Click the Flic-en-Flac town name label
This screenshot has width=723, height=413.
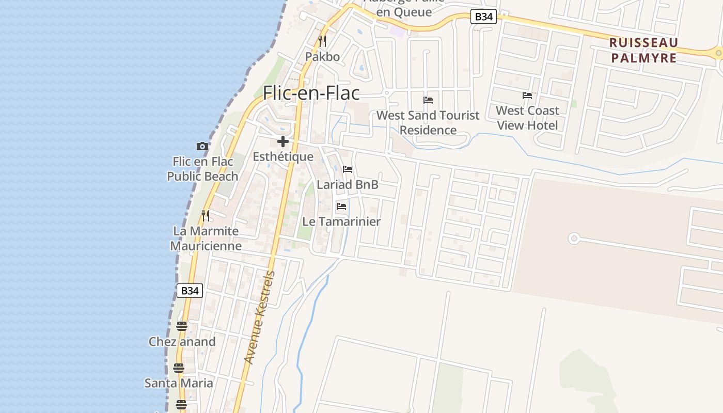pyautogui.click(x=311, y=93)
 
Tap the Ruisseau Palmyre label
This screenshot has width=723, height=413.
pyautogui.click(x=643, y=50)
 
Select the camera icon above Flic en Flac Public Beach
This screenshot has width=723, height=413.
pyautogui.click(x=202, y=147)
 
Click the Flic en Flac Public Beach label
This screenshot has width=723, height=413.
pyautogui.click(x=202, y=169)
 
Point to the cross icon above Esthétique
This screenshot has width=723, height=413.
pyautogui.click(x=282, y=141)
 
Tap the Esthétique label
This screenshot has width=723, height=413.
pyautogui.click(x=283, y=156)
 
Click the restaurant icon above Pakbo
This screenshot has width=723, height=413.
pyautogui.click(x=322, y=41)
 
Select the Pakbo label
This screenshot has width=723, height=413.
pyautogui.click(x=322, y=56)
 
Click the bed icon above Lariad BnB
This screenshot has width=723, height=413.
pyautogui.click(x=348, y=169)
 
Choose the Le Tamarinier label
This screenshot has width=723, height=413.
pyautogui.click(x=341, y=221)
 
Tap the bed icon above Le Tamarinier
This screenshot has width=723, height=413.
pyautogui.click(x=341, y=206)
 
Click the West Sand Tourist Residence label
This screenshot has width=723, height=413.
pyautogui.click(x=428, y=122)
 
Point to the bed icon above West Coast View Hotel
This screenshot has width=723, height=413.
pyautogui.click(x=527, y=96)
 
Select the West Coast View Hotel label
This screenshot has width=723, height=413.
pyautogui.click(x=527, y=118)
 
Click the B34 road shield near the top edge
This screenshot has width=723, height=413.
pyautogui.click(x=483, y=17)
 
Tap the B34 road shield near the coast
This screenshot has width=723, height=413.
pyautogui.click(x=190, y=291)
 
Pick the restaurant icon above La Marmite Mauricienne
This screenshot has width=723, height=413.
pyautogui.click(x=206, y=215)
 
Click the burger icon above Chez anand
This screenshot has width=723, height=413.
pyautogui.click(x=181, y=326)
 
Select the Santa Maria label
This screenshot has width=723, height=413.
pyautogui.click(x=179, y=383)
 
